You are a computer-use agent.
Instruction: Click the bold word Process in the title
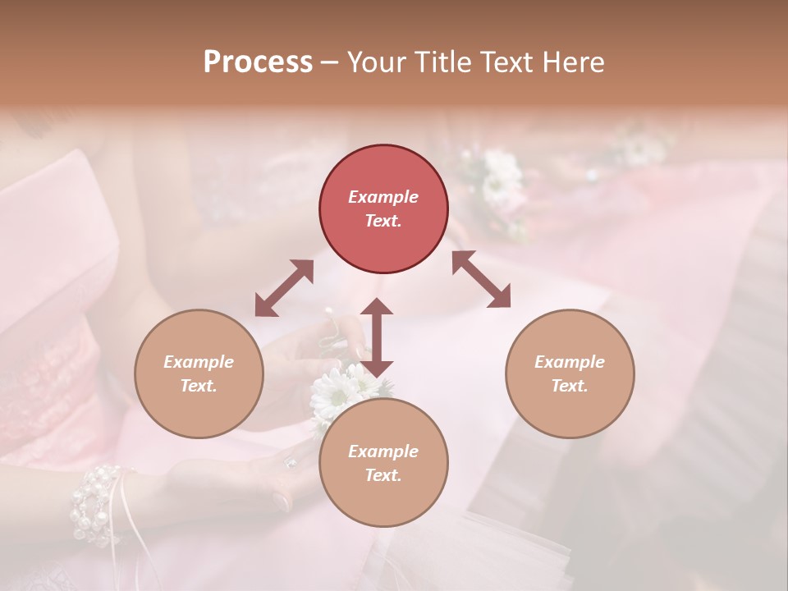point(258,62)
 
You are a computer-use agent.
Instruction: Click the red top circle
point(383,208)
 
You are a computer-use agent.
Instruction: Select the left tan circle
point(199,373)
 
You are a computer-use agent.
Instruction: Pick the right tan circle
point(569,373)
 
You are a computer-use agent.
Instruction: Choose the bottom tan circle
point(383,462)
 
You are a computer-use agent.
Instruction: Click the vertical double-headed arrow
point(376,337)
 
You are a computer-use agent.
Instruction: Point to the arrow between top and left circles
point(284,288)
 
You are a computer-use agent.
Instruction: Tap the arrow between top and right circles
point(481,279)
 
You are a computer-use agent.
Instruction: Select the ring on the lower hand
point(290,463)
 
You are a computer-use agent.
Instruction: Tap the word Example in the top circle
point(383,197)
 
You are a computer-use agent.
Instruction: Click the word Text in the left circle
point(199,386)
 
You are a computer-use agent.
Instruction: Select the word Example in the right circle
point(569,362)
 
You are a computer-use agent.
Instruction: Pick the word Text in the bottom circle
point(383,475)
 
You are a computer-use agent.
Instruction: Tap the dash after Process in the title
point(329,62)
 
